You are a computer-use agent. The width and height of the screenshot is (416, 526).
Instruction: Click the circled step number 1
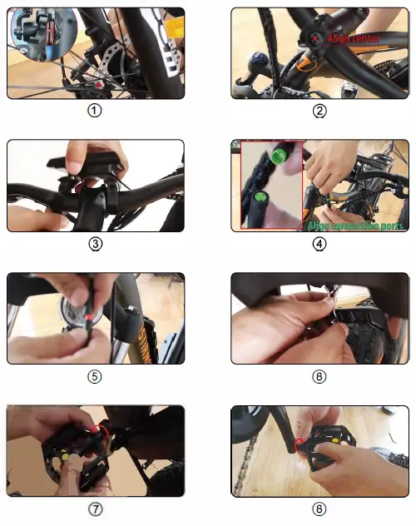click(95, 111)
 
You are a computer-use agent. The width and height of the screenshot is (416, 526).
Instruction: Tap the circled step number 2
click(319, 111)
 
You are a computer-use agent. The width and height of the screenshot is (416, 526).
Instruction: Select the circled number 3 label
click(95, 244)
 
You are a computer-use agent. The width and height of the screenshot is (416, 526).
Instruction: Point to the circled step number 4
click(319, 244)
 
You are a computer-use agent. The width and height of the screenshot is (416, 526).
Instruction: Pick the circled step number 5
click(95, 376)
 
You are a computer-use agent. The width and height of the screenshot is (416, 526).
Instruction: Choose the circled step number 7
click(95, 509)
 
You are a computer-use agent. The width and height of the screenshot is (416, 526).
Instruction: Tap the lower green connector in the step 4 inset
click(260, 198)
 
